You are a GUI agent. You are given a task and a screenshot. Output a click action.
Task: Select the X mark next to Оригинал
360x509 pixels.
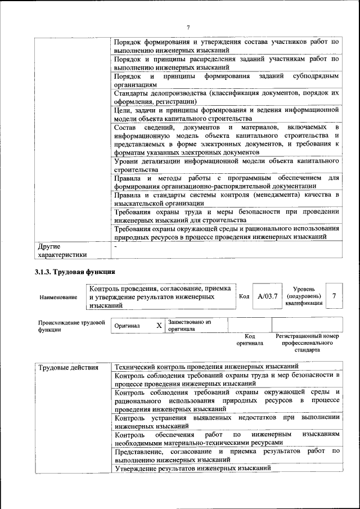coord(159,326)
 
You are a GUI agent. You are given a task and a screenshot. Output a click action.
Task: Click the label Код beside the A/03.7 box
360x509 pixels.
coord(244,296)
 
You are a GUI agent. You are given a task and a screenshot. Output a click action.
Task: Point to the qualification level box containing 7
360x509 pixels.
coord(335,295)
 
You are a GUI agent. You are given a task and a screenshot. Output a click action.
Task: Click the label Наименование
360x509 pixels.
coord(58,296)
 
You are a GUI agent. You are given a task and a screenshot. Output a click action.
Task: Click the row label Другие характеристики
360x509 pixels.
coord(62,250)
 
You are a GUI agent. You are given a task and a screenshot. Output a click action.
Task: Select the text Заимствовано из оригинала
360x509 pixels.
coord(188,326)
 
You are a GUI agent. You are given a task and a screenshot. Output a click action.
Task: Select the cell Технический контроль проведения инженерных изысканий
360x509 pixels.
coord(206,367)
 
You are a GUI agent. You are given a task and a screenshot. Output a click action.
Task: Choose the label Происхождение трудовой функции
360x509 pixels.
coord(71,326)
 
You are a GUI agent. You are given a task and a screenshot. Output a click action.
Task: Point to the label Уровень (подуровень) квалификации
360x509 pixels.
coord(304,295)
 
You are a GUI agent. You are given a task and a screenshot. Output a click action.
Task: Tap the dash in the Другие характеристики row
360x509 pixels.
coord(115,246)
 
